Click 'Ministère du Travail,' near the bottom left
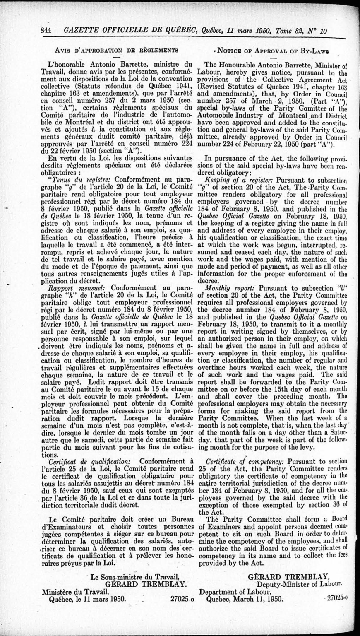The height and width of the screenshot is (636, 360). tap(75, 591)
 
